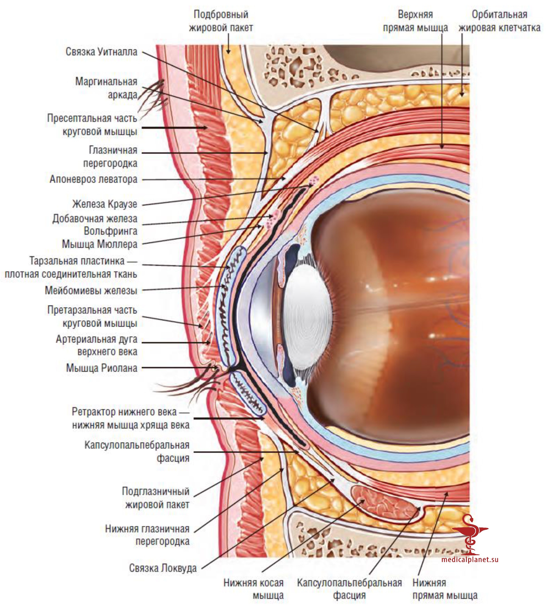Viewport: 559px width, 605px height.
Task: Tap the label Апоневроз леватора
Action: (x=93, y=179)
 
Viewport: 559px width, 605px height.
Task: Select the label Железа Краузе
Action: (x=105, y=204)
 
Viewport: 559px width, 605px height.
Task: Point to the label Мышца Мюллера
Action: (x=100, y=244)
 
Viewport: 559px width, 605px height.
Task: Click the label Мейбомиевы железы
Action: (x=91, y=291)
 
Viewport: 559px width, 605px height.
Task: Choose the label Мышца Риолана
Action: (x=102, y=368)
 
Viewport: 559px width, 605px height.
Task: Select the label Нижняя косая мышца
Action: (x=253, y=589)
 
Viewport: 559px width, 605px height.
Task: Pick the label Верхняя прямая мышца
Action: (x=415, y=21)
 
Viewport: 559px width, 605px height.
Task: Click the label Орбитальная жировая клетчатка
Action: (x=499, y=21)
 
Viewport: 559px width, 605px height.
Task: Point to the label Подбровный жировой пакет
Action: (x=221, y=21)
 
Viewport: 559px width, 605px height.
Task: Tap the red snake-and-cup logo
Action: (x=470, y=534)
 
